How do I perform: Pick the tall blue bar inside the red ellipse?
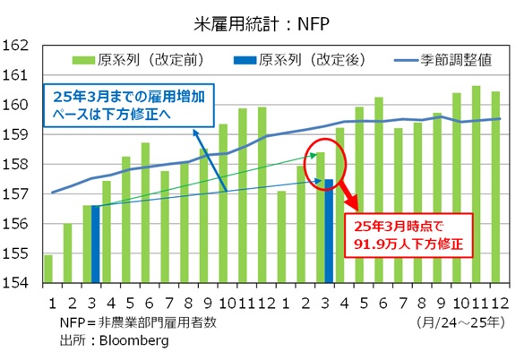[330, 231]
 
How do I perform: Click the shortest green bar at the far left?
[48, 269]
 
